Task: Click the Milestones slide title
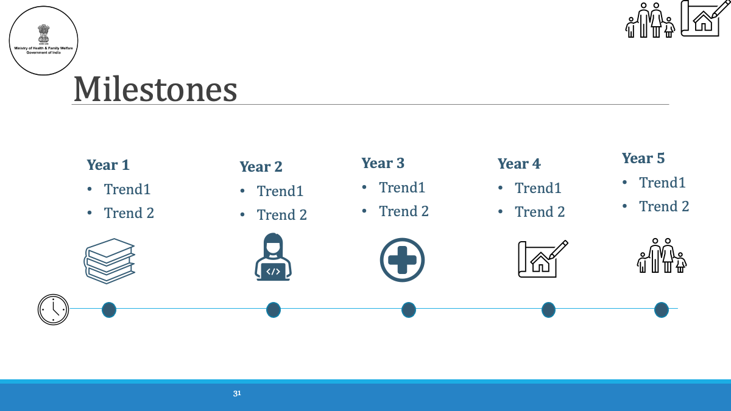pos(155,89)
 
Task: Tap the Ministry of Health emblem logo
pos(43,40)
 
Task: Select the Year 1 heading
pos(108,165)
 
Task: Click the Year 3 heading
pos(383,163)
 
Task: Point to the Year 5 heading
pos(643,158)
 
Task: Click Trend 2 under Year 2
pos(281,214)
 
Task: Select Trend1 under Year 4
pos(538,188)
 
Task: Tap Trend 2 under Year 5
pos(664,206)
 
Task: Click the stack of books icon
pos(109,261)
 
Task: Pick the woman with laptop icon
pos(273,257)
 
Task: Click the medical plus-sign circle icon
pos(402,260)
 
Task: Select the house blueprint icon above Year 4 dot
pos(543,259)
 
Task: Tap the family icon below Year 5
pos(662,255)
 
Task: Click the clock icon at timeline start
pos(53,309)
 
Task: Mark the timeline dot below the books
pos(109,310)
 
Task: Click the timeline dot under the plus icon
pos(409,310)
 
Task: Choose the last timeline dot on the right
pos(662,310)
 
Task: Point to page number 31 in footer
pos(237,393)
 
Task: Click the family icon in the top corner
pos(650,20)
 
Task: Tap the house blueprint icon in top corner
pos(705,18)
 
